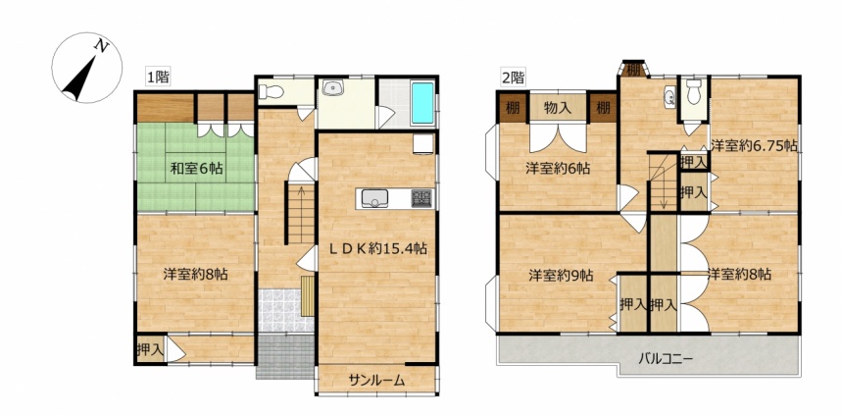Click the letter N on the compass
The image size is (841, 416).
pos(101,47)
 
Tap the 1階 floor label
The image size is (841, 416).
pos(158,78)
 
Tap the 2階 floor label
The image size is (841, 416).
pos(513,78)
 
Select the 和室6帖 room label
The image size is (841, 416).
pos(197,169)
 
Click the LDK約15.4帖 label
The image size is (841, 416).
pos(378,248)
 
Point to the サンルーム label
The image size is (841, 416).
pos(376,381)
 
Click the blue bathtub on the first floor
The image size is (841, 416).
pos(421,103)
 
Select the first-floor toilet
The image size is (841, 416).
pos(271,92)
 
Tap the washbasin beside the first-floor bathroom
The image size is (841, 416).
pos(334,88)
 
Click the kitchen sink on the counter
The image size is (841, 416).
pos(373,198)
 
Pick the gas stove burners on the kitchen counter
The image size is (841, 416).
pos(420,198)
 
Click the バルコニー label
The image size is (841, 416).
pos(666,358)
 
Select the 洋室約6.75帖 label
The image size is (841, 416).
pos(753,145)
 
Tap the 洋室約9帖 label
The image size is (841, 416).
pos(561,276)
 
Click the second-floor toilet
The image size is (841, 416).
pos(694,92)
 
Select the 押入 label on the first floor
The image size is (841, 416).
pos(150,350)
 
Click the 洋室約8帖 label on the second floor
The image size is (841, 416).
pos(739,275)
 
